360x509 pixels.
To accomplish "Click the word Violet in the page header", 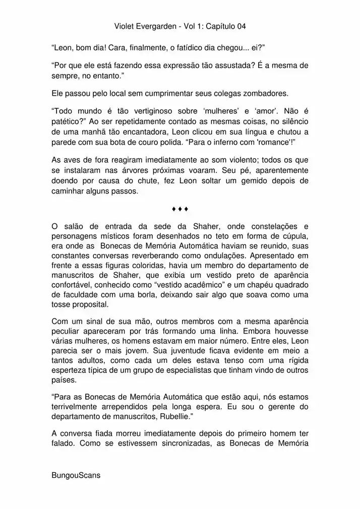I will pos(124,26).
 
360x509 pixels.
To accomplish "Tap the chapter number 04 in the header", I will pos(241,26).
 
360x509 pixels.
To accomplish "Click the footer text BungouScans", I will pos(76,475).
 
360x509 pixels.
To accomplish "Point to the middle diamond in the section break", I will pos(180,209).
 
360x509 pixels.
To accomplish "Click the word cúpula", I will pos(292,236).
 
